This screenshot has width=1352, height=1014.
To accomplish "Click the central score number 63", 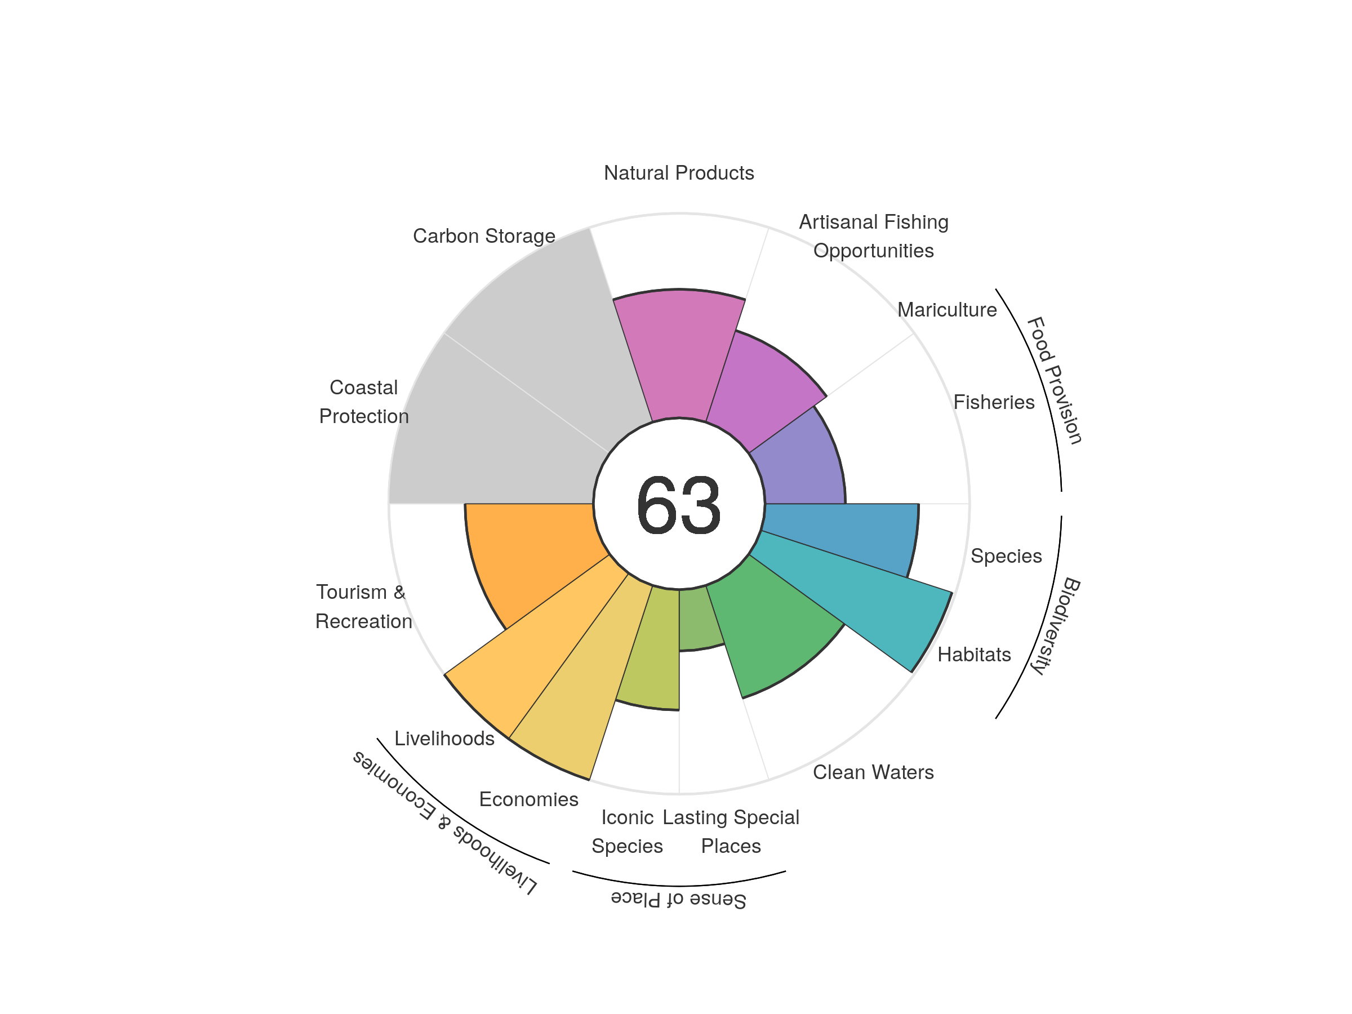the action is tap(678, 505).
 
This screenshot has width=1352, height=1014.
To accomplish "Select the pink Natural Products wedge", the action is tap(679, 354).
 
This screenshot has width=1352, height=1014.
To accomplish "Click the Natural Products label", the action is tap(678, 173).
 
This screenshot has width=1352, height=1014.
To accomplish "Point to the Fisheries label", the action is tap(994, 402).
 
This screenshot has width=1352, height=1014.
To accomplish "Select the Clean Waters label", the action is tap(873, 772).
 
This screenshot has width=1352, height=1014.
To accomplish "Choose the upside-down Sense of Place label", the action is tap(678, 899).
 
